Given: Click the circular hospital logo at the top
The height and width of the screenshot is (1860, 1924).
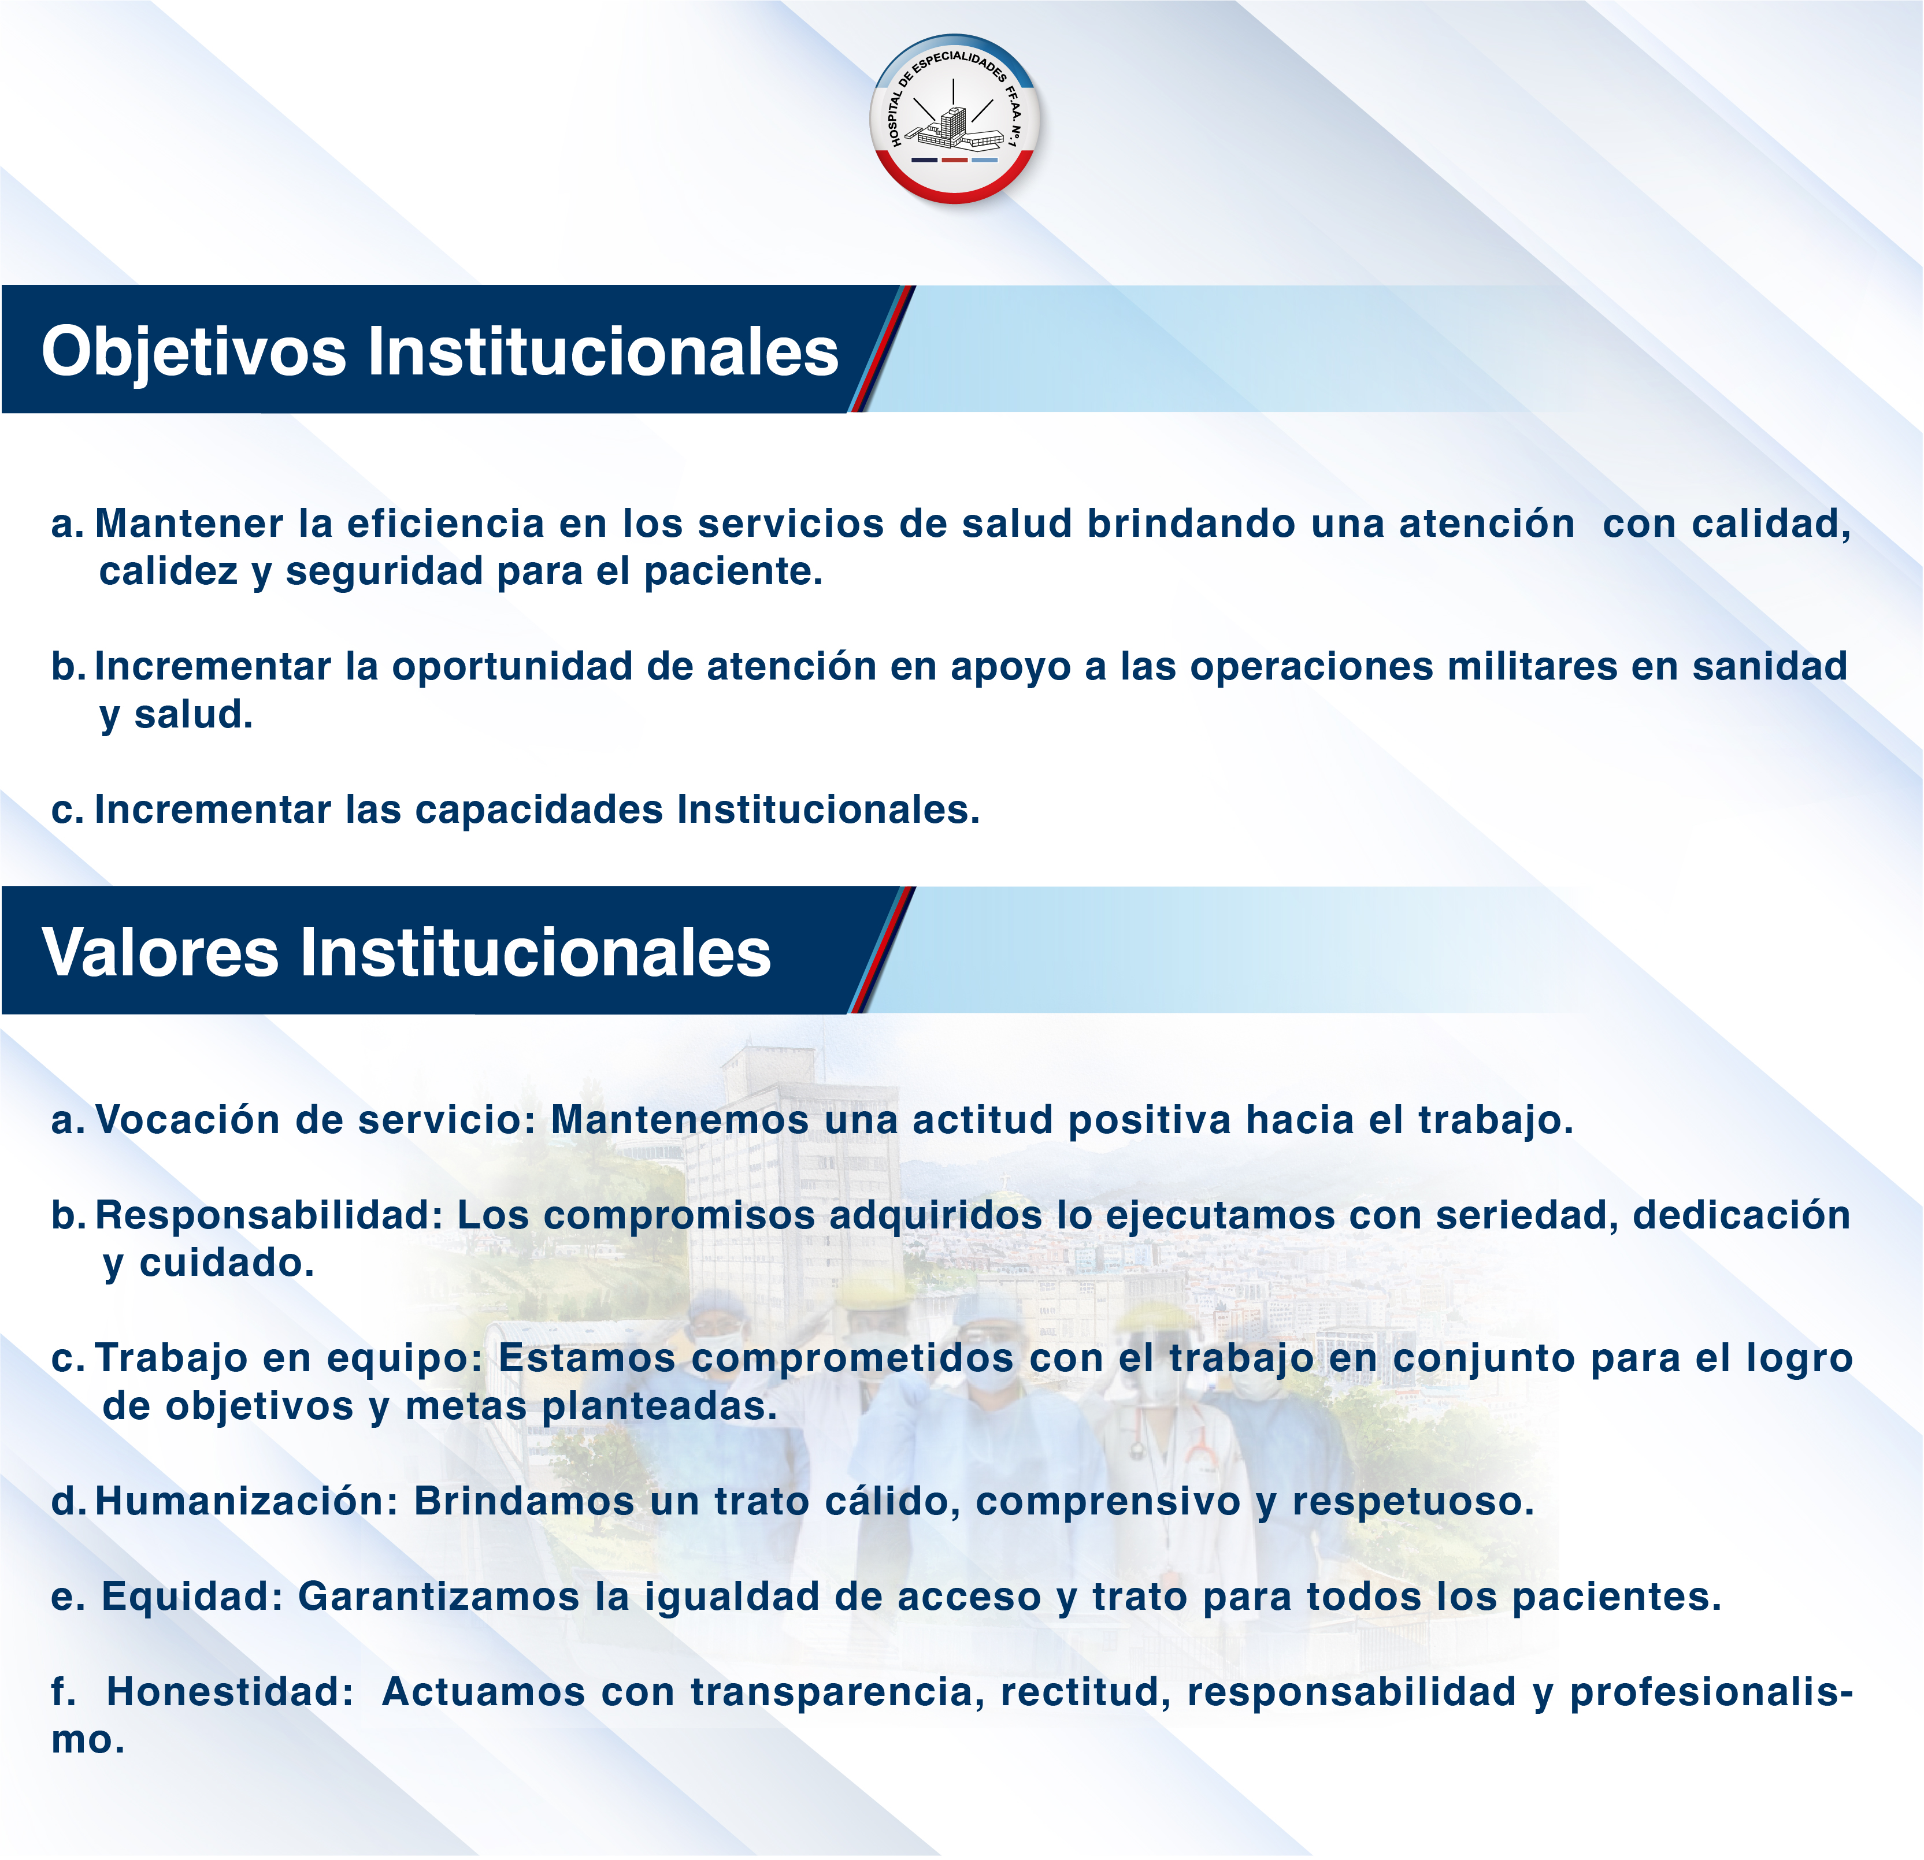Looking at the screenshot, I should click(x=954, y=120).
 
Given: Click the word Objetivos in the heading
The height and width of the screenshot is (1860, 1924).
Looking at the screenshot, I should click(x=194, y=351).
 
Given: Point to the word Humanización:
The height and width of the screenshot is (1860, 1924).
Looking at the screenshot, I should click(x=246, y=1501).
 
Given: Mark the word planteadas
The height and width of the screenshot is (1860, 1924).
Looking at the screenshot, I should click(x=659, y=1406).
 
